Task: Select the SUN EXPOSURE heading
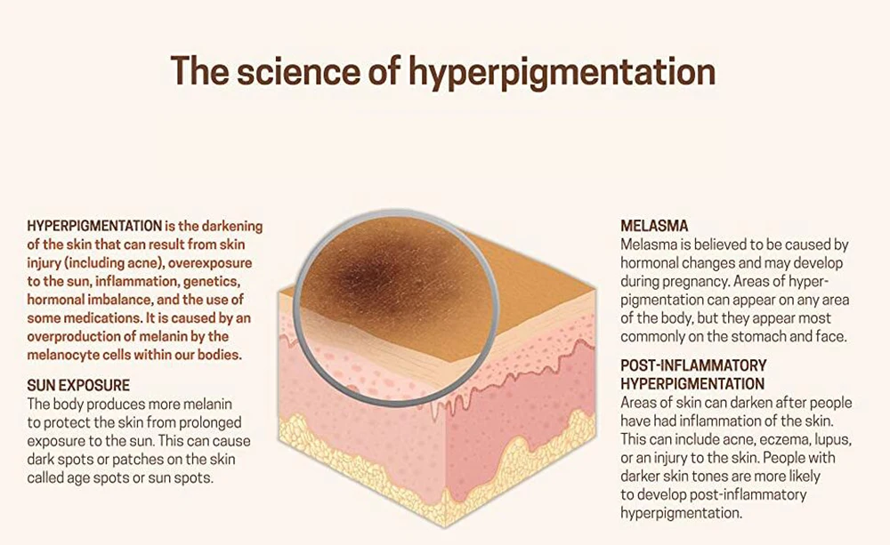tap(78, 386)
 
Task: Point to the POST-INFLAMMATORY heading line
tap(693, 366)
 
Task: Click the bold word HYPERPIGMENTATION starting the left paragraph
tap(94, 227)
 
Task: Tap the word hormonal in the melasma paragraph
tap(652, 263)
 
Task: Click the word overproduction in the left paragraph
tap(77, 336)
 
